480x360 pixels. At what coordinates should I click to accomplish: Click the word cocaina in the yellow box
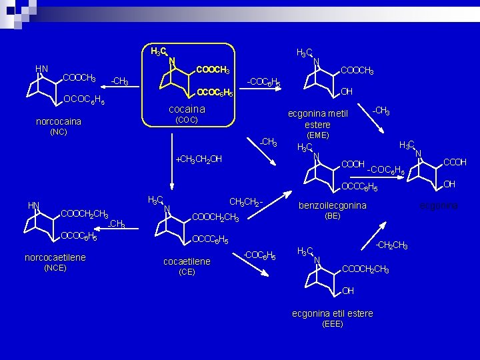tap(187, 109)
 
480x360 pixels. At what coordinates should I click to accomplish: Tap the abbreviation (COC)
tap(186, 120)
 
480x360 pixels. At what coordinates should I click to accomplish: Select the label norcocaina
tap(59, 121)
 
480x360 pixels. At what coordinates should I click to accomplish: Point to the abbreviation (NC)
tap(59, 132)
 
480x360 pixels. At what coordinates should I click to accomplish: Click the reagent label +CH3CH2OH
tap(198, 159)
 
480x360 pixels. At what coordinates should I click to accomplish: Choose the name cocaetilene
tap(187, 261)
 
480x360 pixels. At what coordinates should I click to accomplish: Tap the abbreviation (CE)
tap(187, 272)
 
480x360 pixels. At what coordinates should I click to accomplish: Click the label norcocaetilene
tap(55, 257)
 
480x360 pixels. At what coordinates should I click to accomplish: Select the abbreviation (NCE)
tap(55, 268)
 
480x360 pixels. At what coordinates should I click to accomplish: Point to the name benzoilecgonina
tap(332, 205)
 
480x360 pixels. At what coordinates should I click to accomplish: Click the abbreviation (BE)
tap(332, 216)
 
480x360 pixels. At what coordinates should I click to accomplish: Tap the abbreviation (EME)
tap(317, 135)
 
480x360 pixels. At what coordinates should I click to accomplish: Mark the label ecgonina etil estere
tap(333, 313)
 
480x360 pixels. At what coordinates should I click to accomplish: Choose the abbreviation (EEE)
tap(332, 324)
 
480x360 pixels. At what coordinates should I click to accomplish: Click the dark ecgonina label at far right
tap(439, 206)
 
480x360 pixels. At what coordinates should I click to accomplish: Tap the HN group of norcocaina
tap(41, 68)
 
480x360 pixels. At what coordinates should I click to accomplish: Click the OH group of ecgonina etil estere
tap(348, 291)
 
